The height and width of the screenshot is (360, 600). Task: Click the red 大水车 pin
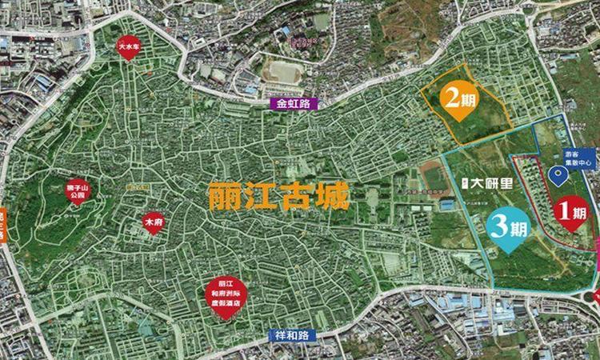pyautogui.click(x=125, y=47)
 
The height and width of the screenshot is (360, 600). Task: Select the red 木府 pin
pyautogui.click(x=153, y=222)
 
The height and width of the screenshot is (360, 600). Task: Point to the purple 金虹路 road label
pyautogui.click(x=294, y=104)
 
